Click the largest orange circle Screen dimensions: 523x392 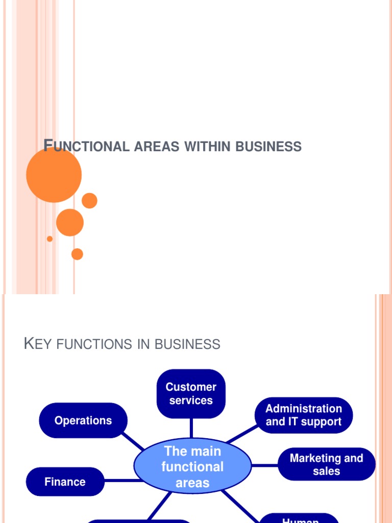tap(54, 175)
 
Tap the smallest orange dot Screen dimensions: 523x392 tap(50, 239)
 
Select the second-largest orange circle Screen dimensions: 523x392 tap(70, 222)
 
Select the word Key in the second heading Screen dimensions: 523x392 tap(39, 344)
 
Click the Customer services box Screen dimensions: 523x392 tap(191, 394)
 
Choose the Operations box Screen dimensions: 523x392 tap(83, 420)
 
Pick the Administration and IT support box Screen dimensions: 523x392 tap(304, 415)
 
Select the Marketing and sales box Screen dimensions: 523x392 tap(327, 464)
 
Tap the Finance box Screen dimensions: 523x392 tap(65, 482)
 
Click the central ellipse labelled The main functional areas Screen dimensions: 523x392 tap(192, 466)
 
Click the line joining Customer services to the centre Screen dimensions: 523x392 tap(191, 428)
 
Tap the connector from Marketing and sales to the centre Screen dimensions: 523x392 tap(264, 465)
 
